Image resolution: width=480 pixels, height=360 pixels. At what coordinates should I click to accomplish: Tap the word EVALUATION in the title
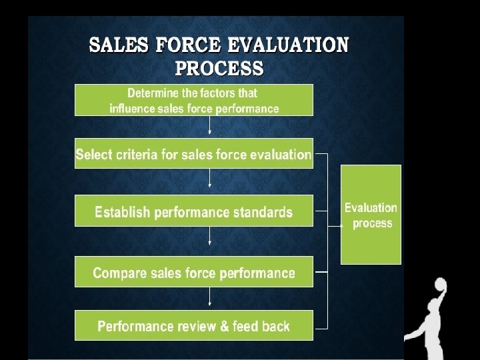288,46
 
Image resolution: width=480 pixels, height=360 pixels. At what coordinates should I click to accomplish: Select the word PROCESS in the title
219,68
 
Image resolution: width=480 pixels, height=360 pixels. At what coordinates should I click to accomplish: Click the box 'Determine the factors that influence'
193,100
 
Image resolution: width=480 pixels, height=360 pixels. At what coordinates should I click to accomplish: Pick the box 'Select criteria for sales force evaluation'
193,155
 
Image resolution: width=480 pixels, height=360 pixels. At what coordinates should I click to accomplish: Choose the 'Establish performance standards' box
193,212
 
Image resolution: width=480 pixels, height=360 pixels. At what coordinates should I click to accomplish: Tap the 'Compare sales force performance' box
193,272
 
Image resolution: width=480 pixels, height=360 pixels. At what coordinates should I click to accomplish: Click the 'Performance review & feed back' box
193,326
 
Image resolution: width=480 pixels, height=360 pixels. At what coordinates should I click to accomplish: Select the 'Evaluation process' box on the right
371,215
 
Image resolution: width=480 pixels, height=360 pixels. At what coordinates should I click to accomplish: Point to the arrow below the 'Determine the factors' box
210,125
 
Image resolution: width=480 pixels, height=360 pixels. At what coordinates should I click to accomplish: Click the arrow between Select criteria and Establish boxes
210,178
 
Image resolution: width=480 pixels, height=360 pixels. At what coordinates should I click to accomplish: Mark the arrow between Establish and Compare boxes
210,236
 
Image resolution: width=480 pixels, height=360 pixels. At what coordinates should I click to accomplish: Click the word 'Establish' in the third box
122,213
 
